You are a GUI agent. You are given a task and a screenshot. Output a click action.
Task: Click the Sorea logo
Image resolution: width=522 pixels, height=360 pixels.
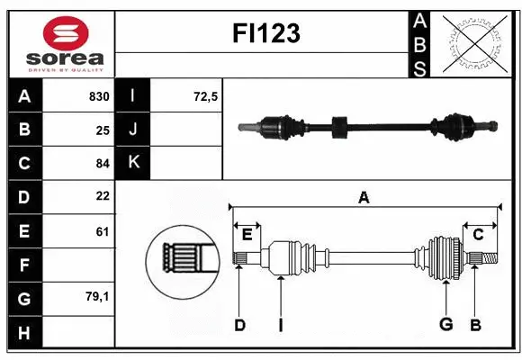tap(58, 43)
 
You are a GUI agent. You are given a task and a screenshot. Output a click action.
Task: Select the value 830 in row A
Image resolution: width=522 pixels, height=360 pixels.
tap(99, 96)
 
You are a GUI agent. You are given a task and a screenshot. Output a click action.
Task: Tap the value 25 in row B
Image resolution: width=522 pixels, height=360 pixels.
tap(103, 130)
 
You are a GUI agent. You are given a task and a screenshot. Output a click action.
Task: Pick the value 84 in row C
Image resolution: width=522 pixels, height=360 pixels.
tap(103, 164)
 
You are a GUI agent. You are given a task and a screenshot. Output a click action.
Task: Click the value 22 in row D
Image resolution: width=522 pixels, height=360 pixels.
tap(103, 196)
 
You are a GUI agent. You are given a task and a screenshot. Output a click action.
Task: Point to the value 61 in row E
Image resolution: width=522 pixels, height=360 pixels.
tap(103, 231)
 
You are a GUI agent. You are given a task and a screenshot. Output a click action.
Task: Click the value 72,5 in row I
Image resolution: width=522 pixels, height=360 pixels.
tap(206, 96)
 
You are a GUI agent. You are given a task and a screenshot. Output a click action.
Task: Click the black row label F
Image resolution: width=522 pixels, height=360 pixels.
tap(24, 265)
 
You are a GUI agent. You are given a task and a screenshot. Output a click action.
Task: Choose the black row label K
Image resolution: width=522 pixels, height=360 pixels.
tap(134, 162)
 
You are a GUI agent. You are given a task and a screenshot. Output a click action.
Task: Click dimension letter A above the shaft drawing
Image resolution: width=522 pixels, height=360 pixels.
tap(364, 197)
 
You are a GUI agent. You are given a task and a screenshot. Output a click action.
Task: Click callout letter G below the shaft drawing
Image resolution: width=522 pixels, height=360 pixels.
tap(445, 325)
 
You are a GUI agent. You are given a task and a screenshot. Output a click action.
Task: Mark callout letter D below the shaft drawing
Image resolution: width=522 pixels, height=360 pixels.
tap(239, 325)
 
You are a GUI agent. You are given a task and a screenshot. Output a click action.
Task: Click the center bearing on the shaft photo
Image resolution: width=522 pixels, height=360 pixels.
tap(339, 127)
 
